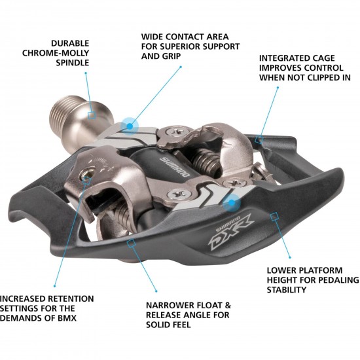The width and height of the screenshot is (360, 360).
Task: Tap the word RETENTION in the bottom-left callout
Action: tap(60, 298)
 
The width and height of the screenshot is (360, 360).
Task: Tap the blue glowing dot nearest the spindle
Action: tap(128, 122)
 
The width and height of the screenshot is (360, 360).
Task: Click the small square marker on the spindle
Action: tap(92, 114)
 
